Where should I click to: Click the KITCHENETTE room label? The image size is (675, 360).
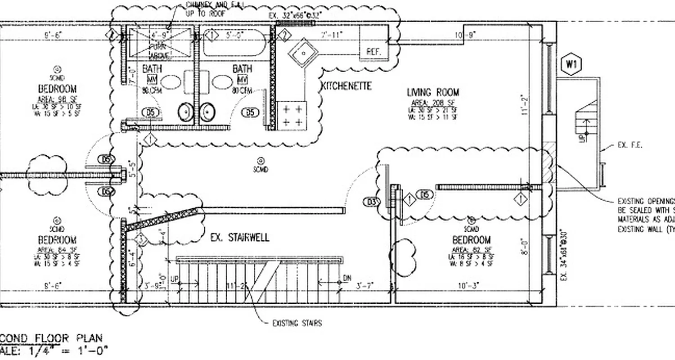click(x=346, y=86)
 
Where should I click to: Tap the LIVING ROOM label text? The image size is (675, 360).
click(x=433, y=92)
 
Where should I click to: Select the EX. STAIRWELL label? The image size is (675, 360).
click(x=240, y=237)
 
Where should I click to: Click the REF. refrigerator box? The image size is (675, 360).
click(x=374, y=52)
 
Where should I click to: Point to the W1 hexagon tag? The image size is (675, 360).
click(x=571, y=64)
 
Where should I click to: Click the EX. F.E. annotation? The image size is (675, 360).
click(x=630, y=145)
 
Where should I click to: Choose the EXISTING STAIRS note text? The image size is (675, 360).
click(x=297, y=323)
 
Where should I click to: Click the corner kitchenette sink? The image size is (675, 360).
click(x=304, y=53)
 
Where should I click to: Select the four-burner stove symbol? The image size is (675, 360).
click(x=292, y=115)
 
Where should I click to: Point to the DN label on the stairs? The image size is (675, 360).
click(x=346, y=278)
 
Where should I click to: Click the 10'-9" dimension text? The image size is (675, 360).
click(x=465, y=35)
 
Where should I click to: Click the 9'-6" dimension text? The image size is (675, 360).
click(x=53, y=35)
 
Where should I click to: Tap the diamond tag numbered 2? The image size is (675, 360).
click(x=284, y=35)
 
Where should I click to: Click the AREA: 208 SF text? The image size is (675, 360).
click(x=432, y=103)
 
